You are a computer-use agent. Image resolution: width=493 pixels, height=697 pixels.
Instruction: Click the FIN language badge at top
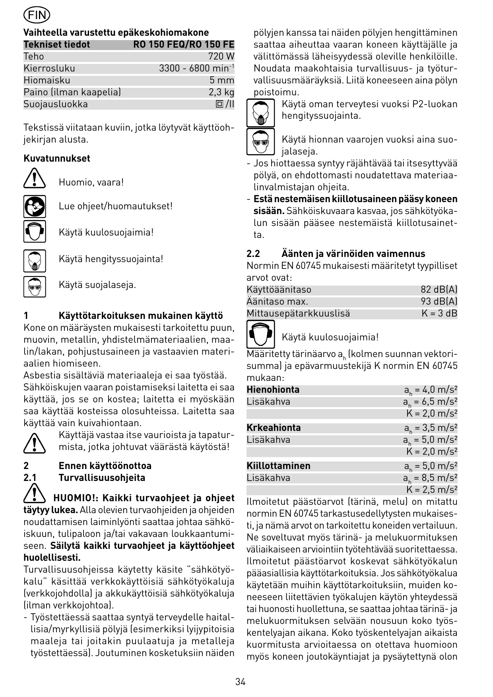[x=37, y=16]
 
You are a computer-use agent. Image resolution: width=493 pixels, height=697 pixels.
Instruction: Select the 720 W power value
[x=221, y=56]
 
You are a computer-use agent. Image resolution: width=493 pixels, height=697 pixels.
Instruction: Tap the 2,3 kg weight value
[x=221, y=92]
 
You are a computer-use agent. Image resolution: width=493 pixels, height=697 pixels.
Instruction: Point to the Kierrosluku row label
[x=49, y=68]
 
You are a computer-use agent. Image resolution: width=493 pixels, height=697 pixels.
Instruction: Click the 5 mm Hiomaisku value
[x=222, y=80]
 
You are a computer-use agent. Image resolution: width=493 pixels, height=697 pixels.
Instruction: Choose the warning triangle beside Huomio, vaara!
[x=35, y=178]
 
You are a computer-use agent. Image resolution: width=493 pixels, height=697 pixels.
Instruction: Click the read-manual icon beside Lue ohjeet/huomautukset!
[x=35, y=206]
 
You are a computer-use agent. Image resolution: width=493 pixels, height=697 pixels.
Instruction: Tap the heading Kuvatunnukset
[x=57, y=158]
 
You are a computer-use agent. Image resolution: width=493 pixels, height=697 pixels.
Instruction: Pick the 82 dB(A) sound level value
[x=439, y=290]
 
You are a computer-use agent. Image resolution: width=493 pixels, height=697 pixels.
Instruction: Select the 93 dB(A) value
[x=439, y=301]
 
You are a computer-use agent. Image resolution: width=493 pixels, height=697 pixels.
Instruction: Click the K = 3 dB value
[x=439, y=313]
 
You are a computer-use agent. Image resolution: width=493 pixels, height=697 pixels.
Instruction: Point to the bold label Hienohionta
[x=273, y=390]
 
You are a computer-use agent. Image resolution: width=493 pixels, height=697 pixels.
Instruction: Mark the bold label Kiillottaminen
[x=278, y=466]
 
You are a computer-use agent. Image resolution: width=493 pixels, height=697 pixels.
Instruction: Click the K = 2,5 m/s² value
[x=432, y=490]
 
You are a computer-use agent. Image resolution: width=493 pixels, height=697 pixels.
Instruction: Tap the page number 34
[x=241, y=682]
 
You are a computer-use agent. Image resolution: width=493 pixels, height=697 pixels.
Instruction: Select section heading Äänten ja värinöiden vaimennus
[x=353, y=254]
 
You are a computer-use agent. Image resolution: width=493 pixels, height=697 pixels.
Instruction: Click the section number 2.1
[x=30, y=478]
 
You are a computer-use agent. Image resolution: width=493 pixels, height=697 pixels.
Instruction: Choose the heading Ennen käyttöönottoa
[x=105, y=466]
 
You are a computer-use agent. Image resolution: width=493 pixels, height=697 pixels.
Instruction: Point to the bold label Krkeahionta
[x=274, y=428]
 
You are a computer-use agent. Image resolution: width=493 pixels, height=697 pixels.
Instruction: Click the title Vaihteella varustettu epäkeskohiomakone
[x=116, y=33]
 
